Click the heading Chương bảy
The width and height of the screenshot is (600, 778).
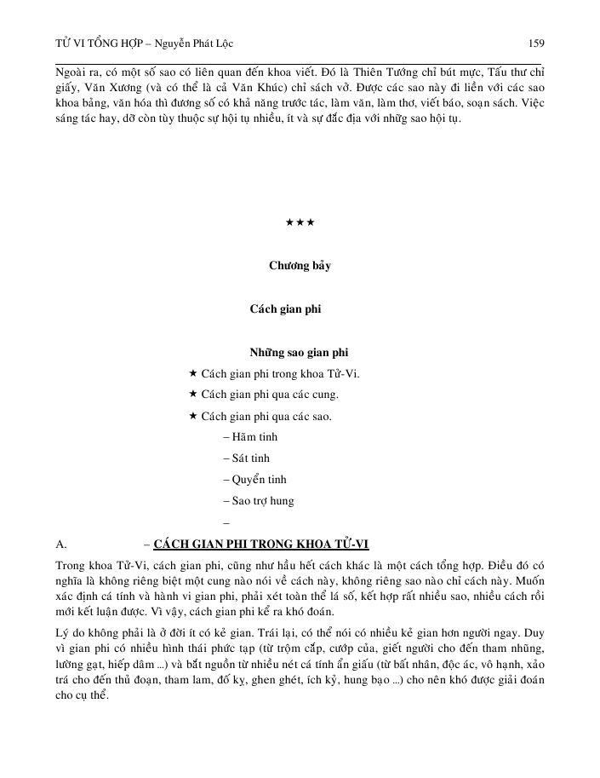pyautogui.click(x=300, y=265)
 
